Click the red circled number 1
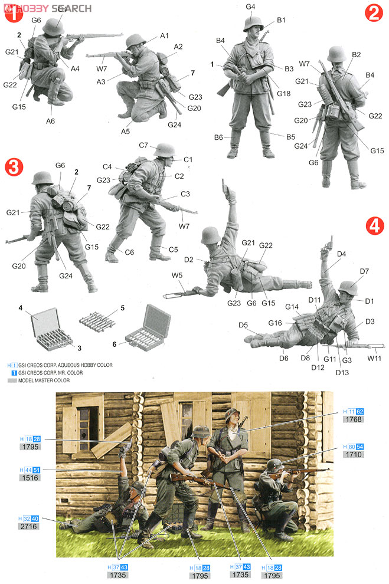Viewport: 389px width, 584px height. coord(12,15)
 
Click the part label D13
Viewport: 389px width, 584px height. coord(342,372)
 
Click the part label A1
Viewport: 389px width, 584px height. coord(164,36)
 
